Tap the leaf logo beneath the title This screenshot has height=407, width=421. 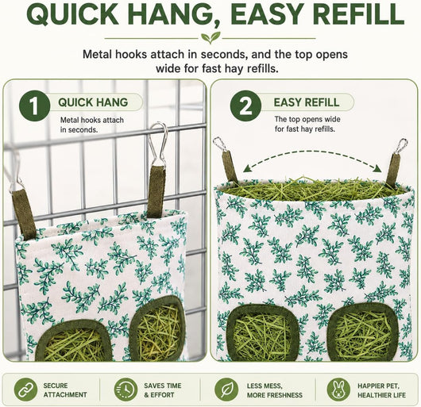[210, 37]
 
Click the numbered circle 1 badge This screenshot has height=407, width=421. [35, 106]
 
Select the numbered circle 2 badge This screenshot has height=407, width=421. [245, 106]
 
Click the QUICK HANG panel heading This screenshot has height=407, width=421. [93, 102]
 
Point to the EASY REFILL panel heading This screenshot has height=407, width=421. [307, 102]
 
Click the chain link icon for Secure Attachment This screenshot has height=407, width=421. [25, 390]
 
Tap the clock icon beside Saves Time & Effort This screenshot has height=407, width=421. [126, 390]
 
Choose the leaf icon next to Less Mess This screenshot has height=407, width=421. [226, 390]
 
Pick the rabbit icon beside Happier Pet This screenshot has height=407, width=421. [338, 390]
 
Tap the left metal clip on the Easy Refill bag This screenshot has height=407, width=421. [220, 144]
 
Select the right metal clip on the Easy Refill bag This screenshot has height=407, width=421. [400, 146]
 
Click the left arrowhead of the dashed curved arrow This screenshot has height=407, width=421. [247, 169]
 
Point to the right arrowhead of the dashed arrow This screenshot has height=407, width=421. [377, 169]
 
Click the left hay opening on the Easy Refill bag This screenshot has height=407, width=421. [262, 332]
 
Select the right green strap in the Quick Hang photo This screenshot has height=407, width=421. [156, 191]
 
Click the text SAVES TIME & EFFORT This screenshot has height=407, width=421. [162, 390]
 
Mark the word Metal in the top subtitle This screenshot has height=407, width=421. [97, 55]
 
